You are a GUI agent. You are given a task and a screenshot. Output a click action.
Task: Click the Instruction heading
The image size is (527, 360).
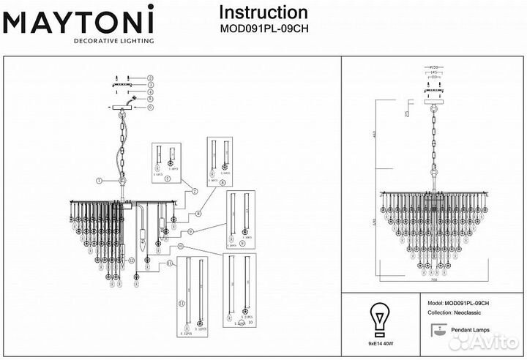click(x=263, y=12)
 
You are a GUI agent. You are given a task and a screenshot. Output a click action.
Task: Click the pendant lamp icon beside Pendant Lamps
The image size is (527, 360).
click(x=436, y=333)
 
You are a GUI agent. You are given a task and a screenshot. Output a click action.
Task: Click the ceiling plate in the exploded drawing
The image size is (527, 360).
click(x=122, y=107)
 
